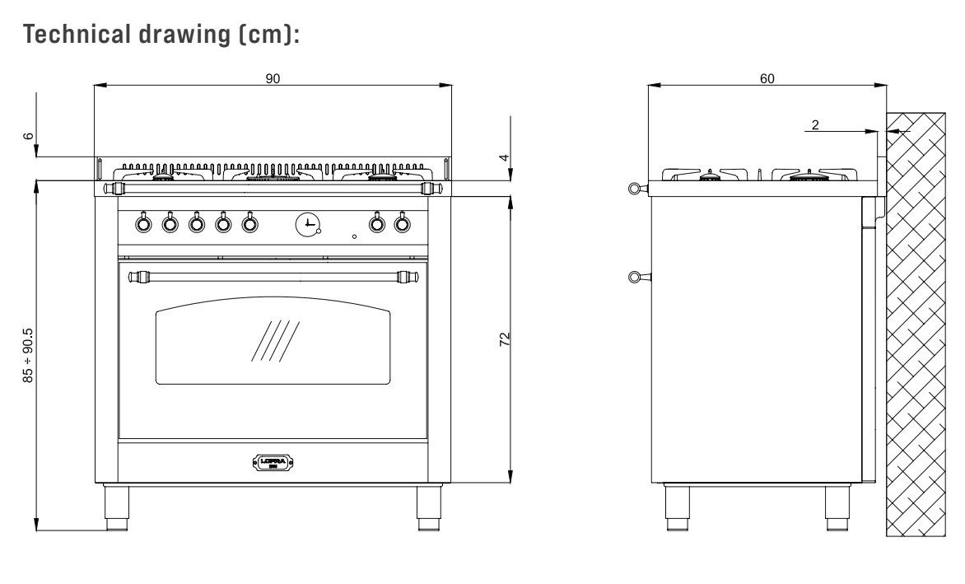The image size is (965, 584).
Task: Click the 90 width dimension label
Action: [x=273, y=78]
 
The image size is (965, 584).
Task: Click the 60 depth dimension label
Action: [x=767, y=78]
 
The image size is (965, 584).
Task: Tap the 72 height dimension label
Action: [x=506, y=339]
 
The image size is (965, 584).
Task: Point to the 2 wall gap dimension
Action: [x=815, y=125]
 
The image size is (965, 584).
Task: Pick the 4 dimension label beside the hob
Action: [x=505, y=157]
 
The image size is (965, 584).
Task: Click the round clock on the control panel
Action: [x=307, y=222]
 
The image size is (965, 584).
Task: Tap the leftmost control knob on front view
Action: [x=142, y=222]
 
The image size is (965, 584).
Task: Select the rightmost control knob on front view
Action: [x=402, y=222]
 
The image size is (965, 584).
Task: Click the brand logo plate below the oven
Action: [x=273, y=462]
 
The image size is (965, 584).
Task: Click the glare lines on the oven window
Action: [x=275, y=341]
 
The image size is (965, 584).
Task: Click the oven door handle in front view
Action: [x=273, y=276]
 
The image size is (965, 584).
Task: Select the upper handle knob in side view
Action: [x=632, y=189]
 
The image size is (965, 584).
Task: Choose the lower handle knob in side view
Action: [x=632, y=277]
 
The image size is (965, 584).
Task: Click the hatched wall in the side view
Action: [x=916, y=329]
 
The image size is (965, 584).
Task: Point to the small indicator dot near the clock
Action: [x=354, y=236]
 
